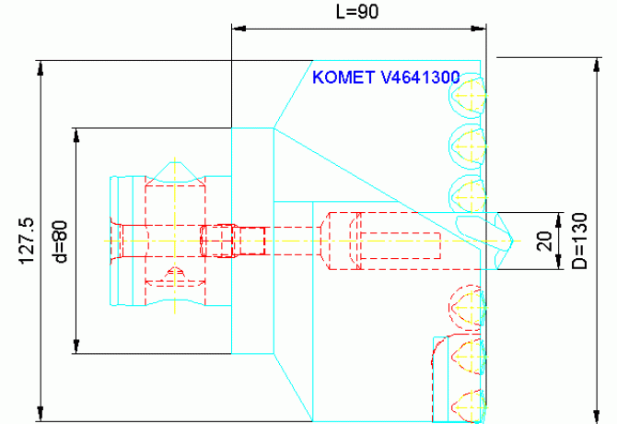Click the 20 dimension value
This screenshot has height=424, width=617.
[x=543, y=241]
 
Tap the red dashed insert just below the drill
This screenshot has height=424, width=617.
[x=465, y=303]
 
